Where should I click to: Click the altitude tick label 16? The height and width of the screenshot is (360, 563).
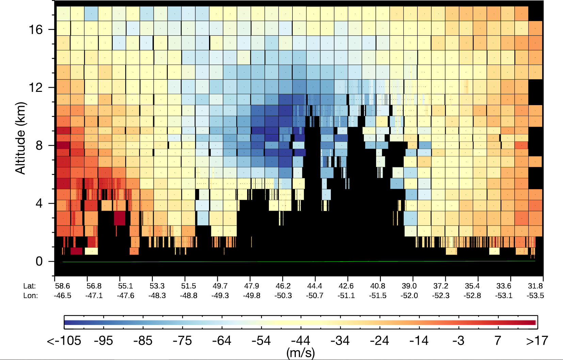click(35, 30)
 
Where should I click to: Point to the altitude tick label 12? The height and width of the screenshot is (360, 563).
click(35, 87)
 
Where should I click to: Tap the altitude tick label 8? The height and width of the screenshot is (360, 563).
click(39, 146)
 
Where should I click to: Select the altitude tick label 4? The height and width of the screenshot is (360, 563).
click(39, 203)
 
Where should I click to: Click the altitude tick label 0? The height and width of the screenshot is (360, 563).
click(39, 261)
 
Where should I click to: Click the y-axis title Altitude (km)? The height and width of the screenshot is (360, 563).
click(20, 138)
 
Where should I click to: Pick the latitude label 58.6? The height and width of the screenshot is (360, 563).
click(62, 286)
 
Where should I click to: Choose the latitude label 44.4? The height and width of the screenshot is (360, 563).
click(315, 286)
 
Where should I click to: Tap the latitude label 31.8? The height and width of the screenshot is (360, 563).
click(535, 286)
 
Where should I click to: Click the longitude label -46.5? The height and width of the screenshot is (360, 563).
click(62, 295)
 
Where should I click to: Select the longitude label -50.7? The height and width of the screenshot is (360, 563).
click(315, 295)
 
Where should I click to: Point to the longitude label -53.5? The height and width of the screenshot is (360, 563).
click(535, 295)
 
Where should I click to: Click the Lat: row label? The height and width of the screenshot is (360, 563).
click(30, 286)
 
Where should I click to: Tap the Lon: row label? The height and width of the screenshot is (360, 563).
click(30, 295)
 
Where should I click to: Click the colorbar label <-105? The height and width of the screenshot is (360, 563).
click(64, 341)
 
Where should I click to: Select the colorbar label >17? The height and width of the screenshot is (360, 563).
click(537, 341)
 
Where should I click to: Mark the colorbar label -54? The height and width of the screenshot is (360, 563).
click(261, 341)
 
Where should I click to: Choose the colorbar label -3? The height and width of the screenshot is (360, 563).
click(459, 341)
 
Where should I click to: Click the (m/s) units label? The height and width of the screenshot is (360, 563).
click(300, 353)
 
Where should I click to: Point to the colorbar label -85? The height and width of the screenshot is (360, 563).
click(143, 341)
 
